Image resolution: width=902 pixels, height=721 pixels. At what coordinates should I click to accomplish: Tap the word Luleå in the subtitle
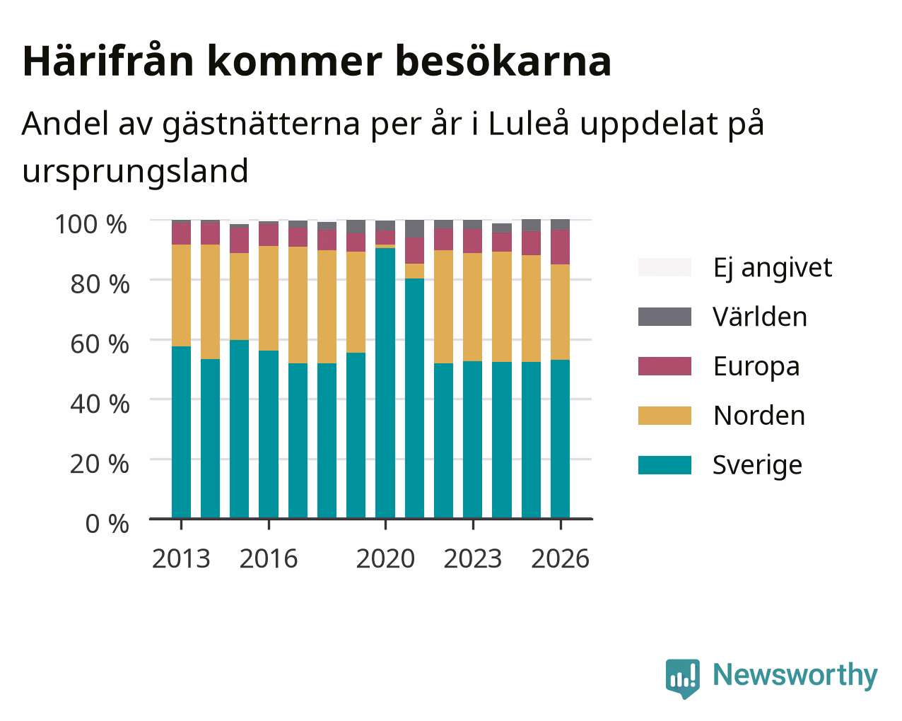(x=529, y=124)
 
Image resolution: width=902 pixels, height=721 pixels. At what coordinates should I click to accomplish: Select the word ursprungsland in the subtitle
(x=136, y=171)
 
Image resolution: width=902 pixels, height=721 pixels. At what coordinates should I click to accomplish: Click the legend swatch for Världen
(x=664, y=317)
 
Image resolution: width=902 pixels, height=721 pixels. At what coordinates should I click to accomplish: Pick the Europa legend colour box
(x=664, y=366)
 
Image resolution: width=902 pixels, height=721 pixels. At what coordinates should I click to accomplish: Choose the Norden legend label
(x=759, y=416)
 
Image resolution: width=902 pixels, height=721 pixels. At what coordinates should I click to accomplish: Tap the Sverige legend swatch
(x=664, y=465)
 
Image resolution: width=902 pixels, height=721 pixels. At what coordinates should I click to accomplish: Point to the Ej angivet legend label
(x=773, y=269)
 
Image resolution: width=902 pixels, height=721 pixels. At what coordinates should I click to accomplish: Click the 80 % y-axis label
(x=100, y=284)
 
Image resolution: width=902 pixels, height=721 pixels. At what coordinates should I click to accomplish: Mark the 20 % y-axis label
(x=100, y=464)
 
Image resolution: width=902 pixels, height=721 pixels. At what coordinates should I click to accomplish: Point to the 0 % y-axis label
(x=107, y=524)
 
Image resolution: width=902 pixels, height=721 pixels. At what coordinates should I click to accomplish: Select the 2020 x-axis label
(x=385, y=558)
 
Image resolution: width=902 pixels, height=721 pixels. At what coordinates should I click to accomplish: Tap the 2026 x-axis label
(x=561, y=558)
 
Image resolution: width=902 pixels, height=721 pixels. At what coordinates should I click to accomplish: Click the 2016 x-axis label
(x=268, y=558)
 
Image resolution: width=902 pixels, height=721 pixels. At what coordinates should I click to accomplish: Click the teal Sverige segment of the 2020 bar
(x=385, y=383)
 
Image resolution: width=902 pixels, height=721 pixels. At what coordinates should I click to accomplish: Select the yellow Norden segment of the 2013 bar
(x=181, y=295)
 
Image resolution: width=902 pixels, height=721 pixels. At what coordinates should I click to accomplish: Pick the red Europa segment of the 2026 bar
(x=560, y=247)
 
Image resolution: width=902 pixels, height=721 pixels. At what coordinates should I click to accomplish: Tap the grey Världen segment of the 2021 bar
(x=414, y=228)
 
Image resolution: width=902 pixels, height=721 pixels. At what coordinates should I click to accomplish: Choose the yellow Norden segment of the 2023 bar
(x=472, y=307)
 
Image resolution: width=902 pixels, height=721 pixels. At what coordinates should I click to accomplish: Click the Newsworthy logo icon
(x=682, y=674)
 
